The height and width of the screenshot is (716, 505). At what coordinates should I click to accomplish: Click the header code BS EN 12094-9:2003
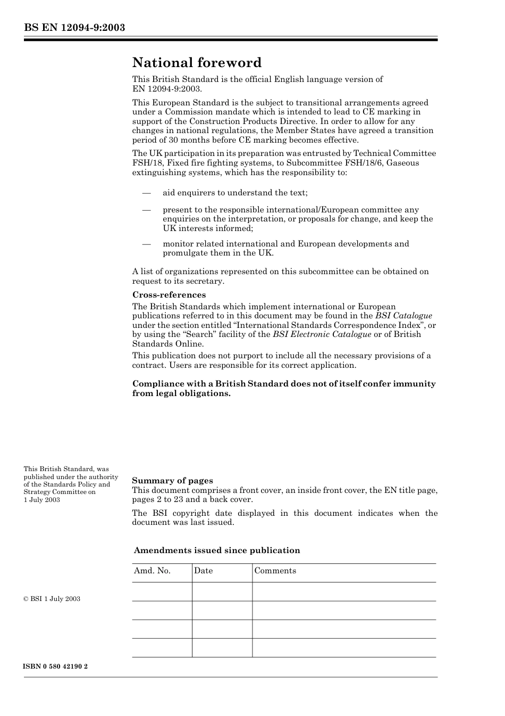(x=74, y=28)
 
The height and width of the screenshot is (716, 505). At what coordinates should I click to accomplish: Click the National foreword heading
(x=197, y=63)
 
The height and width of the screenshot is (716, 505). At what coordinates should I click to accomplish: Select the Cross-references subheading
(x=169, y=295)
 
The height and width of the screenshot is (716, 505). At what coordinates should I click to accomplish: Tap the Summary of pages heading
(x=172, y=481)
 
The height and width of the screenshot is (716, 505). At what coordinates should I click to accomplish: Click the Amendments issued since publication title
(x=217, y=550)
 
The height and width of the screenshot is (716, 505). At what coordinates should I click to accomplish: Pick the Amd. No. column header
(x=152, y=571)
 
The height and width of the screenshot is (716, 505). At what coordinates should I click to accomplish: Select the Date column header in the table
(x=203, y=571)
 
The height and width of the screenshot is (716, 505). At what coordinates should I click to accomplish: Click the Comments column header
(x=275, y=571)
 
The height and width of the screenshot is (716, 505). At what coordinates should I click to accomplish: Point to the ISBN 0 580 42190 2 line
(x=56, y=666)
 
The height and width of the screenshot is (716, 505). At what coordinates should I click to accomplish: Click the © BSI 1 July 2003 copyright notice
(x=52, y=599)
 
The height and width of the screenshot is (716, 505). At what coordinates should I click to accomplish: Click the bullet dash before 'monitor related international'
(x=147, y=244)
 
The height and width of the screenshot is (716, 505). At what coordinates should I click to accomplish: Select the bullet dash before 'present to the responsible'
(x=147, y=210)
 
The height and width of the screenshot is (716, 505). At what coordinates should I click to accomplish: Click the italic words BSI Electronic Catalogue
(x=322, y=334)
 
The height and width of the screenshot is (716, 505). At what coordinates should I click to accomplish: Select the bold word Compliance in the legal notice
(x=156, y=384)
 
